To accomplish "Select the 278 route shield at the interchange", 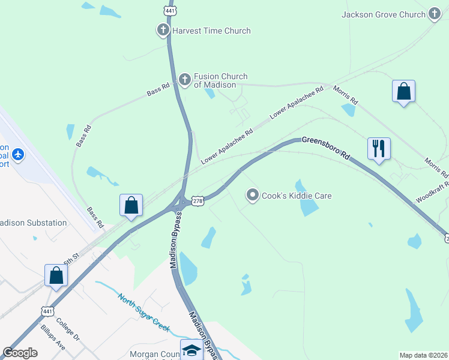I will tap(198, 201).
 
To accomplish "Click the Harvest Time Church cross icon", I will tap(163, 31).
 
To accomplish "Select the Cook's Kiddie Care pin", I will tap(253, 196).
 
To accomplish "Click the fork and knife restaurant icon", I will tap(379, 148).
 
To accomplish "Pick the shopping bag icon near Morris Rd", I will tap(403, 92).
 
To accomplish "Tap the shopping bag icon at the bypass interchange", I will tap(131, 205).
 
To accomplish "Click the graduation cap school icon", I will tap(191, 350).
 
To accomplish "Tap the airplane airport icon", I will tap(18, 154).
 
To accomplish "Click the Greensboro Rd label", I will tap(325, 147).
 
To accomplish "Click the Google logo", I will tap(20, 353).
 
